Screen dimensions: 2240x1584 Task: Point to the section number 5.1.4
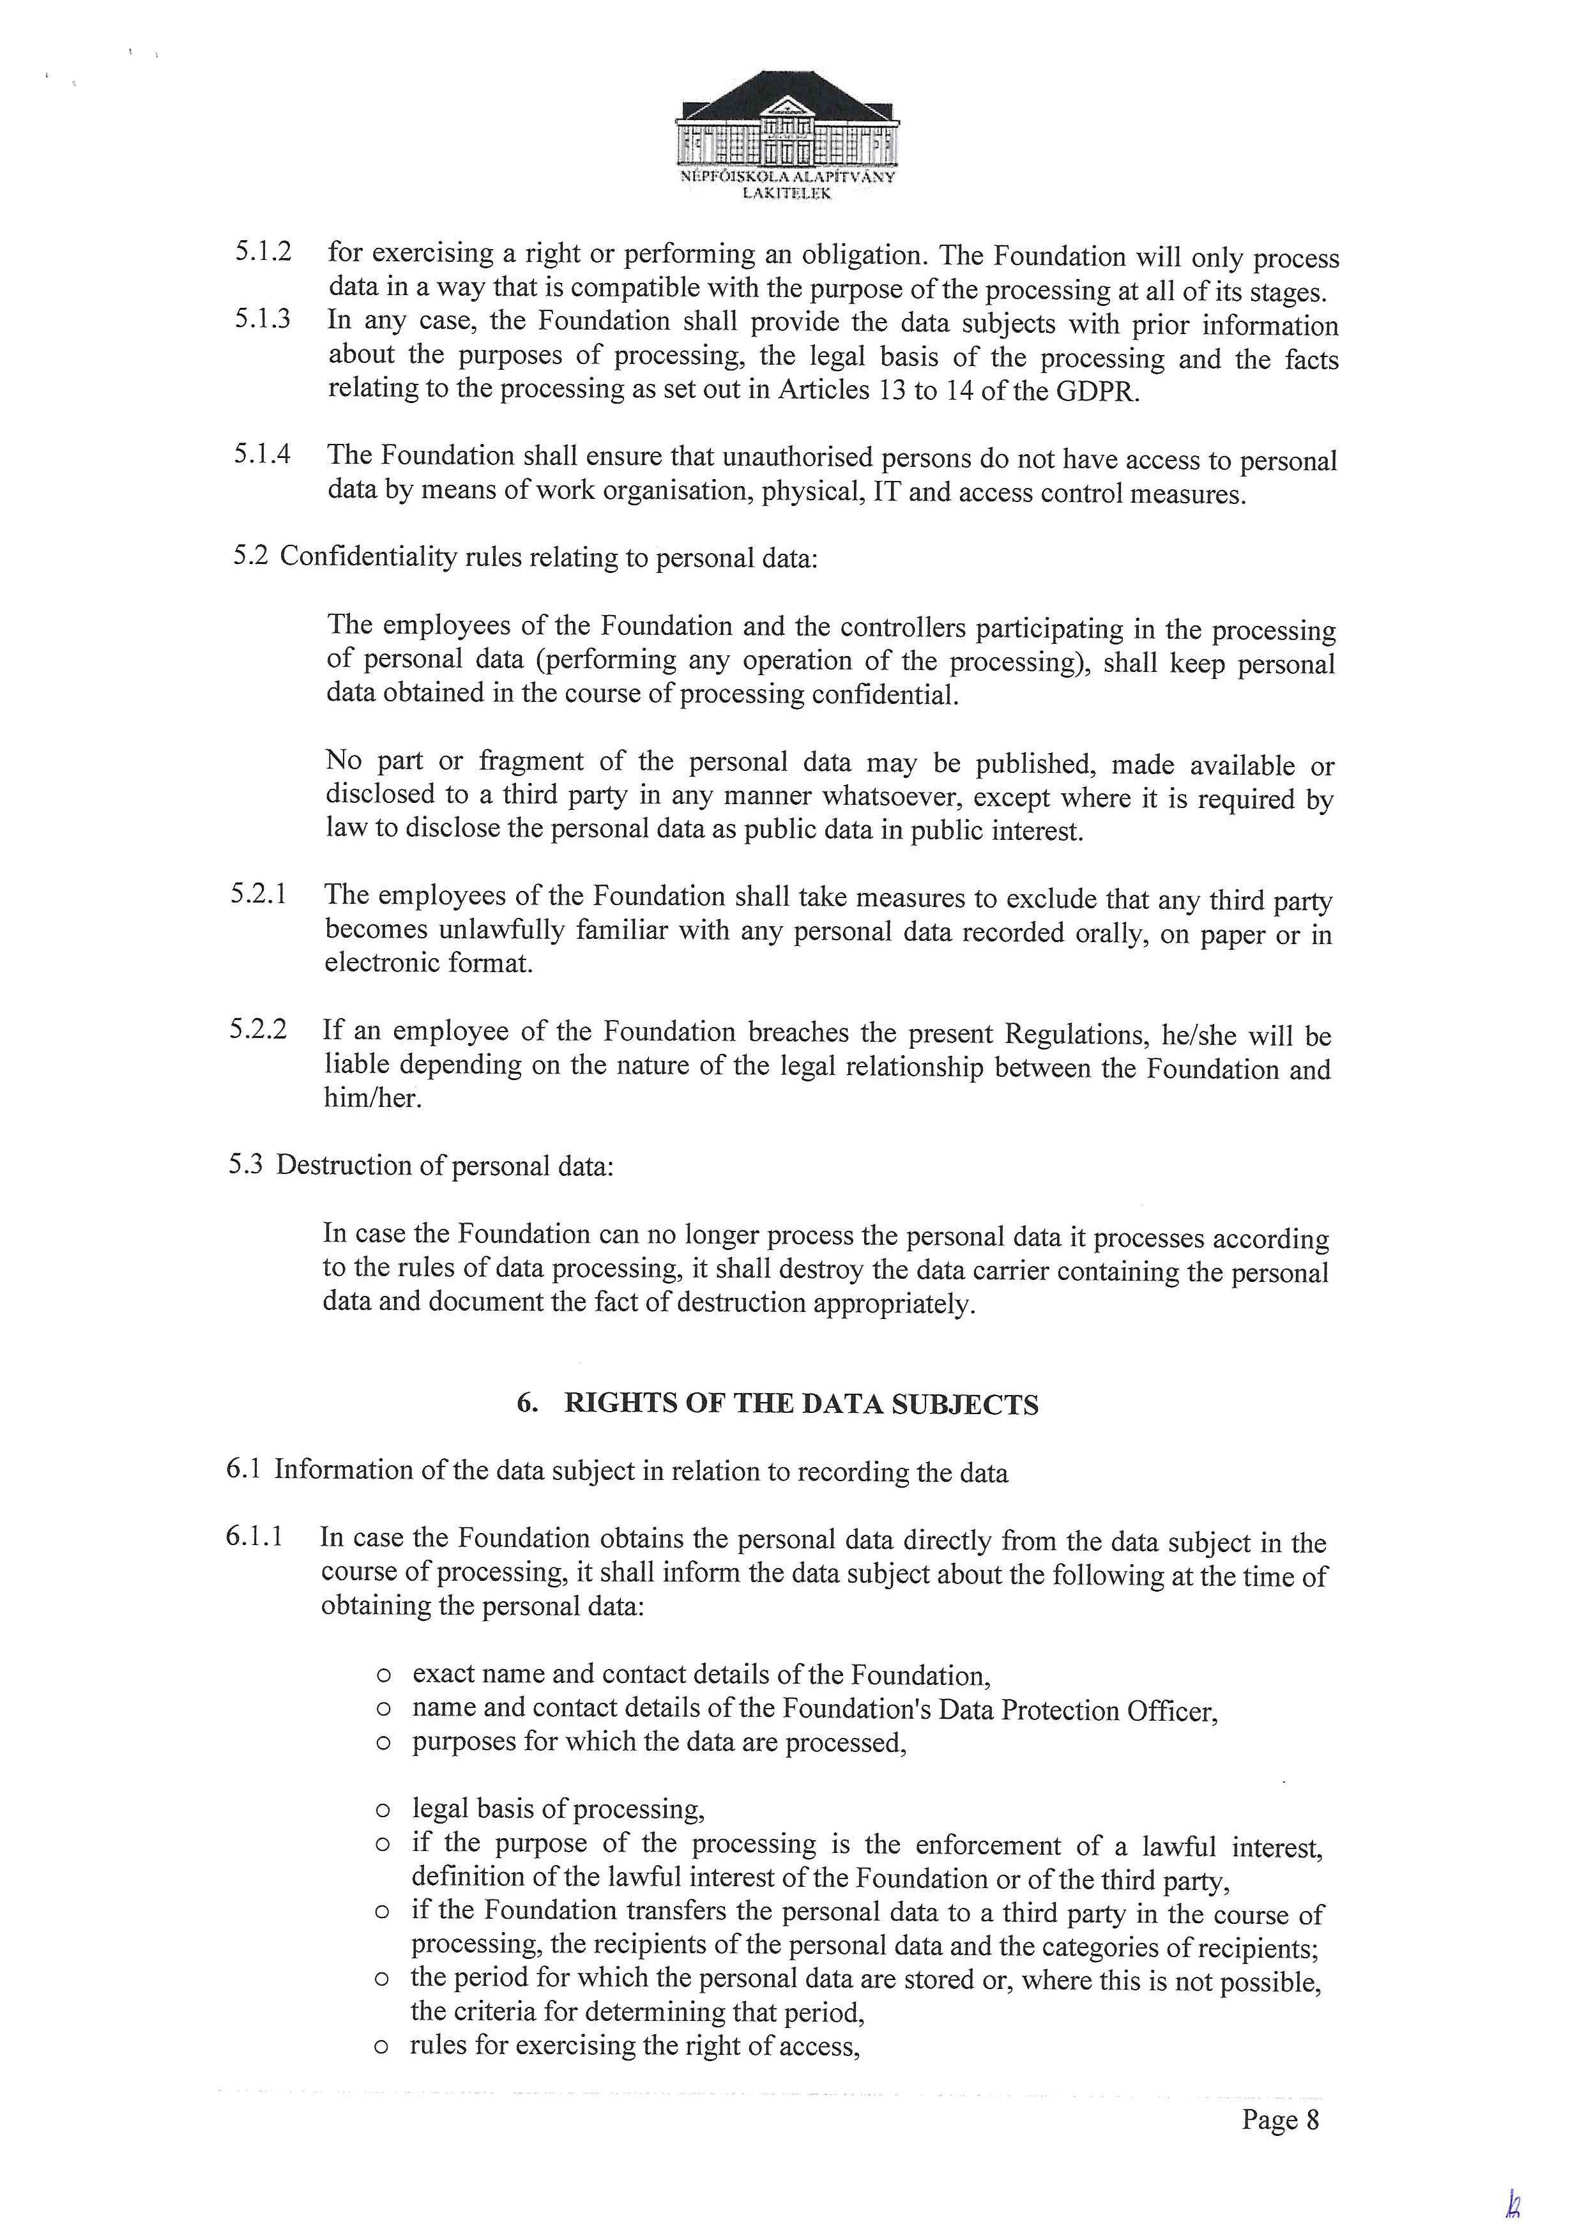pyautogui.click(x=261, y=455)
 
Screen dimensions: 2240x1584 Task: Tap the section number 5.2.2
pyautogui.click(x=259, y=1029)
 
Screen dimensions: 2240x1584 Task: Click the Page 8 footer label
pyautogui.click(x=1280, y=2119)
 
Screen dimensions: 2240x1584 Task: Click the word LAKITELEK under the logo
pyautogui.click(x=786, y=193)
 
